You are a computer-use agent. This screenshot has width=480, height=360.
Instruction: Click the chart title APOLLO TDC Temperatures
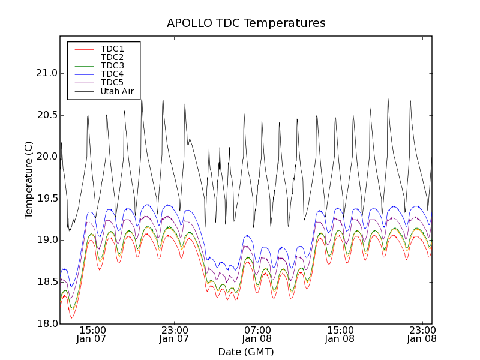(x=246, y=23)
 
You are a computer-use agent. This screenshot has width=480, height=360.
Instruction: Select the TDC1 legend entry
(x=112, y=49)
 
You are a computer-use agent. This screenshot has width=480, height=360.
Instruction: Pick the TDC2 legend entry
(x=112, y=57)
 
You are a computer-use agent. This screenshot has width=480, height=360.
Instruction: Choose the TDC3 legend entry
(x=112, y=65)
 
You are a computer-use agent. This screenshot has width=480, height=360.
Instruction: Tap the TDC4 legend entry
(x=112, y=74)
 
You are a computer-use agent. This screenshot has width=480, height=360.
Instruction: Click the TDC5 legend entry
(x=112, y=83)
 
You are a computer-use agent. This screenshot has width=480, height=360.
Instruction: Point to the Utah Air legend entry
(x=117, y=92)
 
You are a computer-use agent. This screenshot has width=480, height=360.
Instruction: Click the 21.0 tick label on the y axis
(x=46, y=73)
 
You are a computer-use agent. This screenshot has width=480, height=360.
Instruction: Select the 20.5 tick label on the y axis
(x=46, y=115)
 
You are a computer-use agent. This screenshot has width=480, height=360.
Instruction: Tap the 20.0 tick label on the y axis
(x=46, y=157)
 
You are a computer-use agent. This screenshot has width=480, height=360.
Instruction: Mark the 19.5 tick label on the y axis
(x=46, y=199)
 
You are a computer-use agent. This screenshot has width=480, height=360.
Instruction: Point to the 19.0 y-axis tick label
(x=46, y=240)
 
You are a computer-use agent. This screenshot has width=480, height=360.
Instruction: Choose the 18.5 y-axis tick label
(x=46, y=282)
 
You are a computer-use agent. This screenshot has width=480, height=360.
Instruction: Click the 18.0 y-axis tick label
(x=46, y=323)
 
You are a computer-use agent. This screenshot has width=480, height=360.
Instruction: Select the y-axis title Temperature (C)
(x=29, y=179)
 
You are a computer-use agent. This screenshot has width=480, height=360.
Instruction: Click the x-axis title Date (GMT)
(x=246, y=352)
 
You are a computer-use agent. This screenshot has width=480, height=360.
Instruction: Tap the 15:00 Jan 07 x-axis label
(x=92, y=334)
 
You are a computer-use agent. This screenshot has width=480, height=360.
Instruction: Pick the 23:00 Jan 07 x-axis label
(x=175, y=334)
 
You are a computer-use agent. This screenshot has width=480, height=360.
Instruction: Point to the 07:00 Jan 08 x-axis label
(x=257, y=334)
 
